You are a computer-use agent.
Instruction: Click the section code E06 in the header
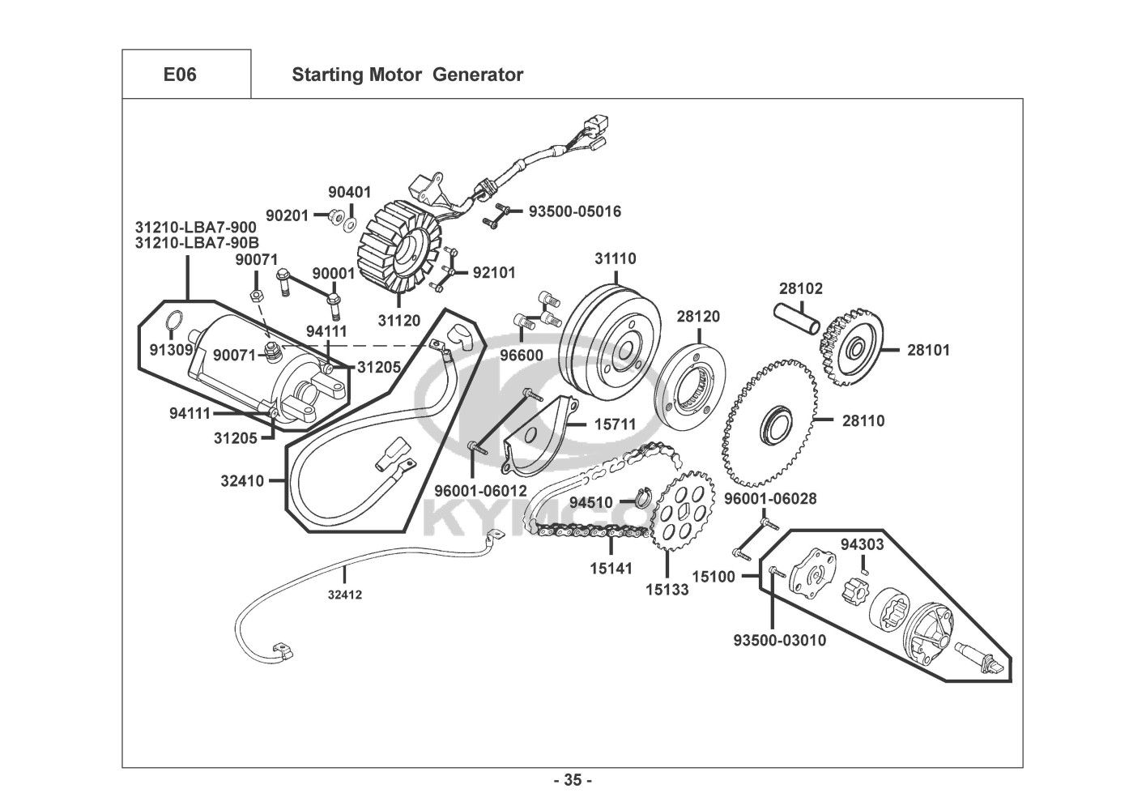pyautogui.click(x=180, y=75)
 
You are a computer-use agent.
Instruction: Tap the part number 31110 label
pyautogui.click(x=616, y=259)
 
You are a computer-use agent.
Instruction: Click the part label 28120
pyautogui.click(x=698, y=317)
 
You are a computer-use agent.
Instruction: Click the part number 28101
pyautogui.click(x=928, y=351)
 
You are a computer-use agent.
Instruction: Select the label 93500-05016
pyautogui.click(x=575, y=211)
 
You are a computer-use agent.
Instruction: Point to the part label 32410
pyautogui.click(x=242, y=480)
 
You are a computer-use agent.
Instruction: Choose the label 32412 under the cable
pyautogui.click(x=344, y=595)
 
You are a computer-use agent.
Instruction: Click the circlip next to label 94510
pyautogui.click(x=644, y=495)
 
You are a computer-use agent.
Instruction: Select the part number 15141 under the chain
pyautogui.click(x=611, y=569)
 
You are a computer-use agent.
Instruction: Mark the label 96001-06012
pyautogui.click(x=480, y=491)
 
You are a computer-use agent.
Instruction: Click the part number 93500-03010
pyautogui.click(x=779, y=641)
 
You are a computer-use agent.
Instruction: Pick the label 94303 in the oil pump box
pyautogui.click(x=862, y=544)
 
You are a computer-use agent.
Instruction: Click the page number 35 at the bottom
pyautogui.click(x=573, y=781)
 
